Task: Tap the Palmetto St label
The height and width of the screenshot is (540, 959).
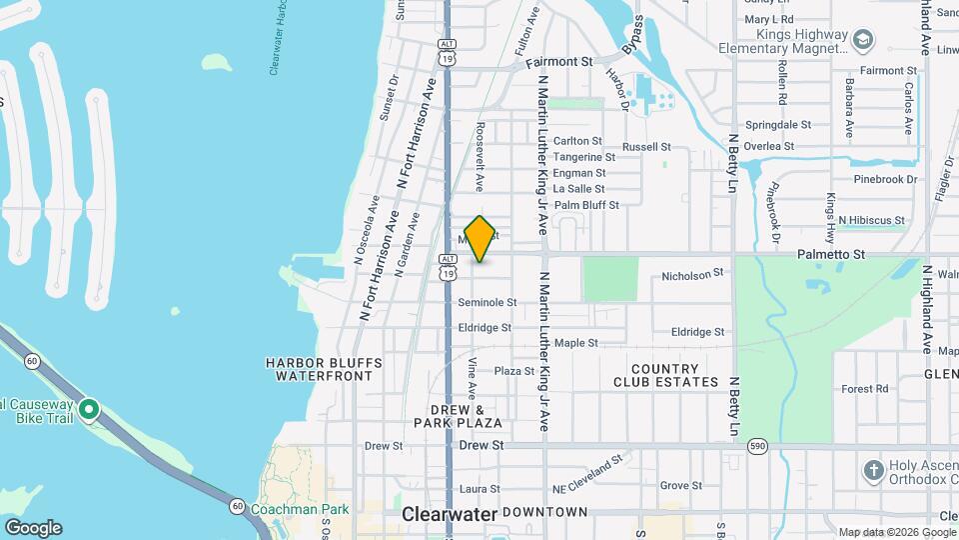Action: tap(831, 255)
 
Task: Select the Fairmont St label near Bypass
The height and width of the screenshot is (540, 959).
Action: tap(558, 62)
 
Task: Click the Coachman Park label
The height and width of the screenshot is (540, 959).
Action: tap(300, 509)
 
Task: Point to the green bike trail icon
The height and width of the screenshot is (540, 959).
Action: tap(89, 408)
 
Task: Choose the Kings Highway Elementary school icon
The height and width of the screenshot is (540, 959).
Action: tap(863, 40)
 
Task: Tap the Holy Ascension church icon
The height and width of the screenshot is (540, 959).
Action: tap(873, 470)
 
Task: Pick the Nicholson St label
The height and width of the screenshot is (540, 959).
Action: tap(692, 274)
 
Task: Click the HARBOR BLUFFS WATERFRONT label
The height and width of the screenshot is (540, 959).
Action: tap(319, 369)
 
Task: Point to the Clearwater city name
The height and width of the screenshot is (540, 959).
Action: tap(450, 513)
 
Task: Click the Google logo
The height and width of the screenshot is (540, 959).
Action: tap(32, 528)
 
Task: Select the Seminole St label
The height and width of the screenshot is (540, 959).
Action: tap(486, 302)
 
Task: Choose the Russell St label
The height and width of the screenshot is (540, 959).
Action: tap(646, 147)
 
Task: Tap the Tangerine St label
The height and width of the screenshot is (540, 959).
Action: tap(584, 157)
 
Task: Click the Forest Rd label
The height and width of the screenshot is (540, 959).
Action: tap(865, 389)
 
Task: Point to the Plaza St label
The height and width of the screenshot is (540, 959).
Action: tap(514, 371)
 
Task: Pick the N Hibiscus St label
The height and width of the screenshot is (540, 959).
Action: tap(871, 220)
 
